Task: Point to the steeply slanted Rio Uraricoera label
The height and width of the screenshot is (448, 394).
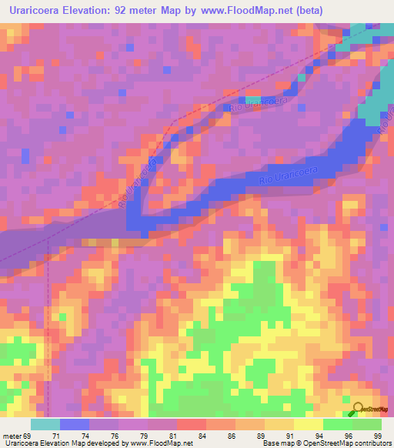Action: click(139, 185)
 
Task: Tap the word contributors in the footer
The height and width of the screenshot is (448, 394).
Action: click(371, 443)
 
